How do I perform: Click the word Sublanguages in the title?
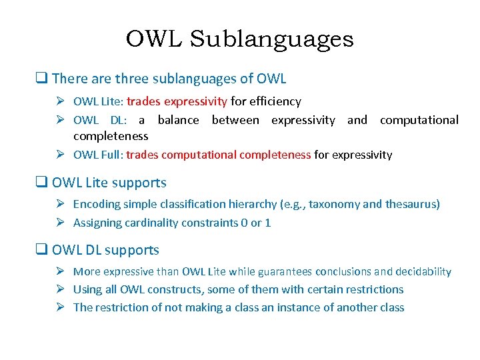point(272,39)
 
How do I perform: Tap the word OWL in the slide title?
point(155,39)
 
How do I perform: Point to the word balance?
point(178,120)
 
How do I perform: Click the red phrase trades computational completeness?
point(218,155)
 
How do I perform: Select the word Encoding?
point(96,204)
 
